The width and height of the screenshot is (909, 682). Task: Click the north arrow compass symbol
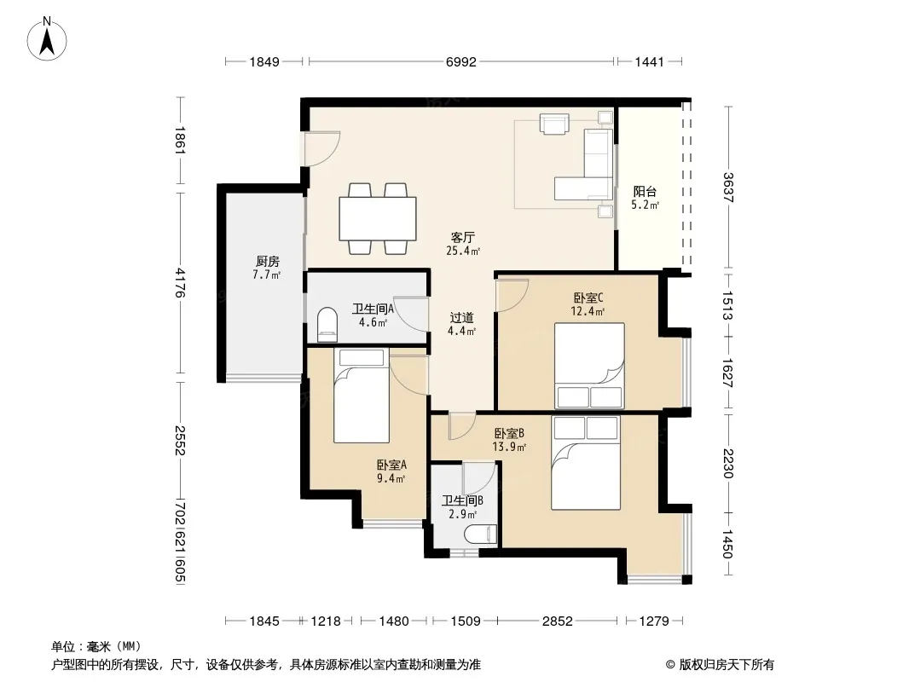coord(47,38)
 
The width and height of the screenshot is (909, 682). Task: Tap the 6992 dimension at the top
coord(460,62)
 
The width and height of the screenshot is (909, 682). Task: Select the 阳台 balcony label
coord(645,191)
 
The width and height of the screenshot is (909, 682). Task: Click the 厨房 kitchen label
coord(267,262)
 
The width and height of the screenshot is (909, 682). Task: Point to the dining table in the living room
coord(378,218)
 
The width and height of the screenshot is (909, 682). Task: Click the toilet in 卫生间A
coord(327,325)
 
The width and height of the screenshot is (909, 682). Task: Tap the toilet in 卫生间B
coord(482,534)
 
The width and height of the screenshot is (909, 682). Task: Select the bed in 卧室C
coord(589,366)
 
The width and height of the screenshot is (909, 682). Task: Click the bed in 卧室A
coord(362,396)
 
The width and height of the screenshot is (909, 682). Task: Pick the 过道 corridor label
coord(462,317)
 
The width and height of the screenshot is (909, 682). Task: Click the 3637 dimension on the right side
coord(728,188)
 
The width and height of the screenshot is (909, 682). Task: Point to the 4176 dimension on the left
coord(180,282)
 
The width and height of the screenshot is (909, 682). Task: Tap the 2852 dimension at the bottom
coord(557,621)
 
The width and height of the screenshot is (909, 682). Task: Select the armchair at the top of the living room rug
coord(555,124)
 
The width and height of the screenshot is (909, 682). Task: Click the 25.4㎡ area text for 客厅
coord(463,251)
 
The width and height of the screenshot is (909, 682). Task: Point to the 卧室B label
coord(510,433)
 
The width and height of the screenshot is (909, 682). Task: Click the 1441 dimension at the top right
coord(649,62)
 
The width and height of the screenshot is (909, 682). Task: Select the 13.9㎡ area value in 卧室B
coord(509,447)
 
